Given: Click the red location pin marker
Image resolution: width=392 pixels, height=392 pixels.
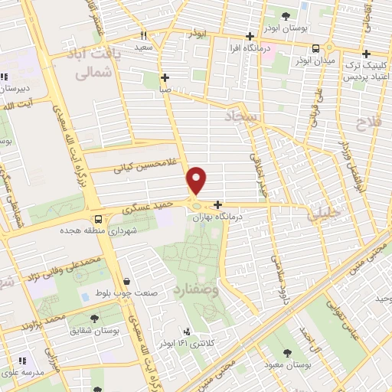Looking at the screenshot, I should (x=198, y=179).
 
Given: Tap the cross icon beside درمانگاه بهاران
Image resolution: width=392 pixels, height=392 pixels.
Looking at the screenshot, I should (x=219, y=204).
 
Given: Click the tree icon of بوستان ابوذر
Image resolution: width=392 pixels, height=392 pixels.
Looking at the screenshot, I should (x=286, y=15).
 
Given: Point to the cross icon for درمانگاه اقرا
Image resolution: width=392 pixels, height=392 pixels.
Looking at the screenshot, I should (x=249, y=36).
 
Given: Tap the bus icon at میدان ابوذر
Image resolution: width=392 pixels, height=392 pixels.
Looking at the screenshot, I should (x=315, y=46).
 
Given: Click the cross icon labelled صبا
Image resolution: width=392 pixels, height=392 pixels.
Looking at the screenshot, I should (x=165, y=77).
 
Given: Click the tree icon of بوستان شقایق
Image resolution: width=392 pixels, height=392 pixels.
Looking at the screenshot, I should (x=94, y=318).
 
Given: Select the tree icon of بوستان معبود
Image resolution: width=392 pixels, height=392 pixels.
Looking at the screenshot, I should (x=286, y=353).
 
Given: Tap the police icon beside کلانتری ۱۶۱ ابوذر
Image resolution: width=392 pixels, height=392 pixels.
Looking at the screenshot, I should (x=186, y=332).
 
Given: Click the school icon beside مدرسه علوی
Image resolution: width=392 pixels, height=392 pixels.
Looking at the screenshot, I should (x=22, y=360).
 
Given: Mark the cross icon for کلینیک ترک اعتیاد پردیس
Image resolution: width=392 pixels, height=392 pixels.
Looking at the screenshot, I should (x=367, y=54).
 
